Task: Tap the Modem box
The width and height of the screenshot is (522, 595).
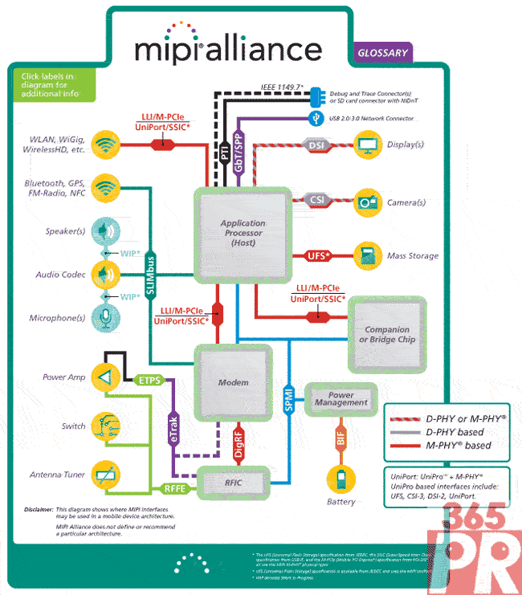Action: point(234,383)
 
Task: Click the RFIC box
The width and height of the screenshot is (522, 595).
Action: point(234,482)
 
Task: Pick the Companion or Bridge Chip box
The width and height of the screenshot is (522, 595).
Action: point(387,334)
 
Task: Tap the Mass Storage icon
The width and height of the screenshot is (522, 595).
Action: point(368,255)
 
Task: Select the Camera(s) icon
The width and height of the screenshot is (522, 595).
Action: point(368,201)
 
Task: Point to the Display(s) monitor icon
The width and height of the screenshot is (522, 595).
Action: point(368,145)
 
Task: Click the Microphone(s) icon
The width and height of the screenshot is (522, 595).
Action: point(104,317)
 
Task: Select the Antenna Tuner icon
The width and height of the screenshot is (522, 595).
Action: point(104,474)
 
